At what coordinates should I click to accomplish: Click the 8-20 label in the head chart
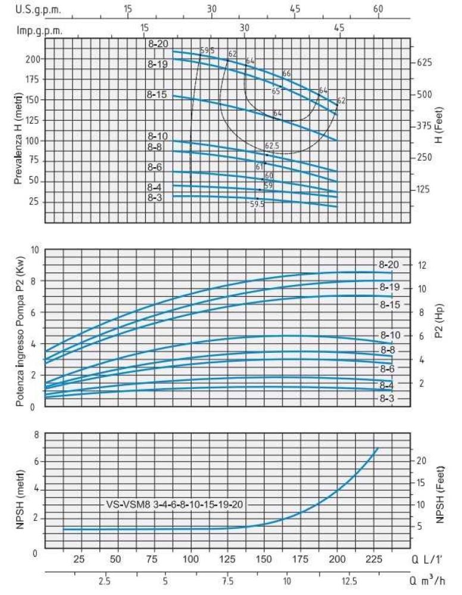(158, 43)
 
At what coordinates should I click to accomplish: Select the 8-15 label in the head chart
(158, 94)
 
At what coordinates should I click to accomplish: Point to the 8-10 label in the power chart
(391, 336)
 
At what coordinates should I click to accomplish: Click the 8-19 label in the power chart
(390, 287)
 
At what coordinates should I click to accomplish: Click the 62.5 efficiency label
(272, 145)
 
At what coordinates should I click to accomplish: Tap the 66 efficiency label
(286, 74)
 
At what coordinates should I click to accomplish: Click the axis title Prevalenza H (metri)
(19, 129)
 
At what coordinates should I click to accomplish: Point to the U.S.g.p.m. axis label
(30, 10)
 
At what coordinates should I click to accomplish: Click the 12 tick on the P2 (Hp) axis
(422, 265)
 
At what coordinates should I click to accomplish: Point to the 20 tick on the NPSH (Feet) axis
(420, 461)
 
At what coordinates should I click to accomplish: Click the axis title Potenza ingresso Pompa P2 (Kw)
(20, 328)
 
